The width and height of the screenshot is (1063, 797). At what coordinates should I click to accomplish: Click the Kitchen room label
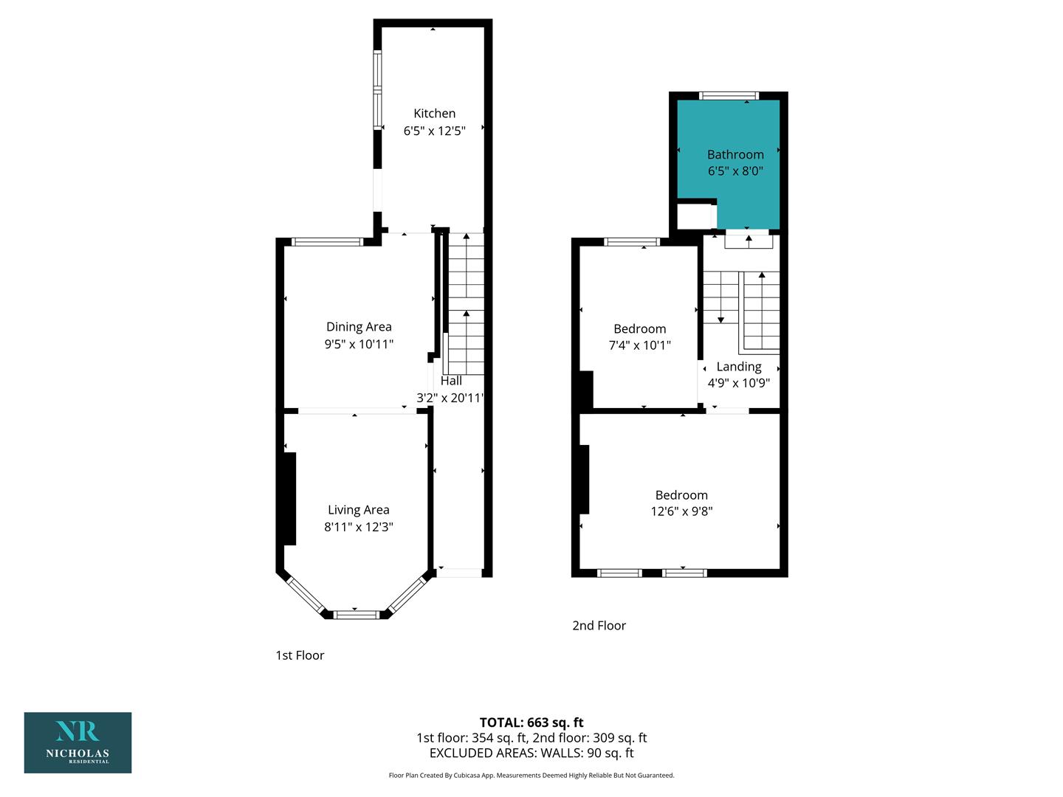(x=434, y=113)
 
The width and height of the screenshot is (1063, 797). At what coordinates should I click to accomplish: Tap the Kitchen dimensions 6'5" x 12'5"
(x=434, y=131)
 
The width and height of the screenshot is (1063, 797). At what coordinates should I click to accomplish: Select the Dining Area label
(x=358, y=327)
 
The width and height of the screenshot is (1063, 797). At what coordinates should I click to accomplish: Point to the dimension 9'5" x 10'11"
(x=358, y=344)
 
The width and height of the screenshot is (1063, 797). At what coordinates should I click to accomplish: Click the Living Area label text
(x=358, y=509)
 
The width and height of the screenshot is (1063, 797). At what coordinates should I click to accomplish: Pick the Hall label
(x=451, y=381)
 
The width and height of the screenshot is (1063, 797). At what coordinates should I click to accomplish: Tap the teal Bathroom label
(x=735, y=154)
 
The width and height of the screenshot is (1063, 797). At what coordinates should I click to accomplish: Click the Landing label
(x=738, y=367)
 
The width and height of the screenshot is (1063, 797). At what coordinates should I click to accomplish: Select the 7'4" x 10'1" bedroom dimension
(x=639, y=345)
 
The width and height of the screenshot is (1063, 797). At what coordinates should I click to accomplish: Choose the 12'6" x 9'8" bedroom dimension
(x=681, y=511)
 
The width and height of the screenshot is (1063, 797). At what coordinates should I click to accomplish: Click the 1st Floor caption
(x=300, y=655)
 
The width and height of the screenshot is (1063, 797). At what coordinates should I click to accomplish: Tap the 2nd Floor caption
(x=599, y=626)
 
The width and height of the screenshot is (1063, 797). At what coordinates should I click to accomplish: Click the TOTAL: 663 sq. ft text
(x=531, y=722)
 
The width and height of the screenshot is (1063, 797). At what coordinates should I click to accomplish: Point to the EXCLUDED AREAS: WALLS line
(x=531, y=753)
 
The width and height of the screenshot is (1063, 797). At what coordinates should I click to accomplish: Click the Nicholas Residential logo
(x=78, y=742)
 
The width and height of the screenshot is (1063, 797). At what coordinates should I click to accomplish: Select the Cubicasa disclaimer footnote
(x=531, y=775)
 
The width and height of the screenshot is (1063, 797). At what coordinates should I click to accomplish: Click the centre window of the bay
(x=356, y=615)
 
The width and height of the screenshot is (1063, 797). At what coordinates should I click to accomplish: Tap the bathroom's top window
(x=729, y=95)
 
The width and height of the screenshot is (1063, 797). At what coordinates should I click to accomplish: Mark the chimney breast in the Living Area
(x=289, y=499)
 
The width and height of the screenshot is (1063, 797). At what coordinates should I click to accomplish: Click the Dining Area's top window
(x=327, y=242)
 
